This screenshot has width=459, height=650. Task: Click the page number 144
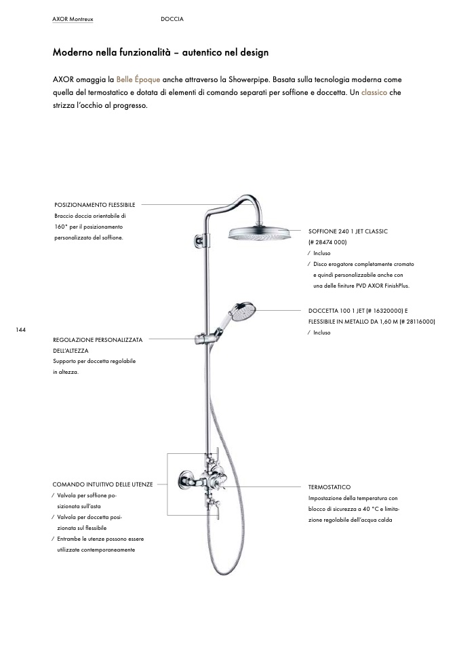(x=20, y=329)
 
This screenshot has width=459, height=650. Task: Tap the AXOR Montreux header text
(x=72, y=19)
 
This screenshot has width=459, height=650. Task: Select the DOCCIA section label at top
(x=172, y=19)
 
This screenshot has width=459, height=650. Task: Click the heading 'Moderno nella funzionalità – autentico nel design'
(x=161, y=52)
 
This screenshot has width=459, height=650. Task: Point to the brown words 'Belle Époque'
(x=138, y=79)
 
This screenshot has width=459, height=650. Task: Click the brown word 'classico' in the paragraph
(x=374, y=92)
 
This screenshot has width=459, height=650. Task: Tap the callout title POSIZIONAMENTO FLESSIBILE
(x=94, y=204)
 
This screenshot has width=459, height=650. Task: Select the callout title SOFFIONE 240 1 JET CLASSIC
(x=348, y=231)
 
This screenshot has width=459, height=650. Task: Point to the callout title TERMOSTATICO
(x=329, y=487)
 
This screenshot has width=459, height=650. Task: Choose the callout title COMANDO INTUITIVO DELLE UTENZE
(x=102, y=484)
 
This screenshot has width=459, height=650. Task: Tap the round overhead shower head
(x=260, y=233)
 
